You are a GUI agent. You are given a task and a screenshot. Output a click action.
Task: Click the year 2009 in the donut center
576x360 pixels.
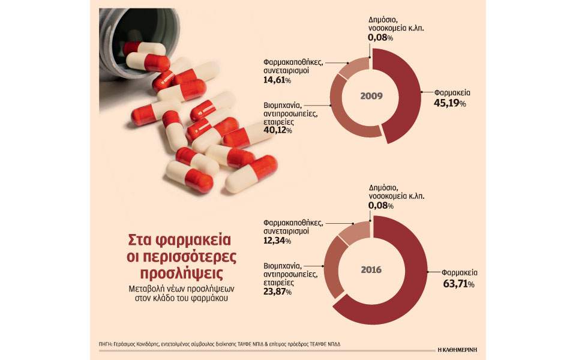point(372,96)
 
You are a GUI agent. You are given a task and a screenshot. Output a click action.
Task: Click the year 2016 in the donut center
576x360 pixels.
point(372,269)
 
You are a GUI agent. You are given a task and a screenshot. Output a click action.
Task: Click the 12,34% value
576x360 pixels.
point(277,241)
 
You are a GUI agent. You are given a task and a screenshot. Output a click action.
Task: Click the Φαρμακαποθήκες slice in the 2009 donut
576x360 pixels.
point(353,67)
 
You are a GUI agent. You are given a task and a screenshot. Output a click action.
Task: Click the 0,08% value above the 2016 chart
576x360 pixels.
point(381,206)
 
